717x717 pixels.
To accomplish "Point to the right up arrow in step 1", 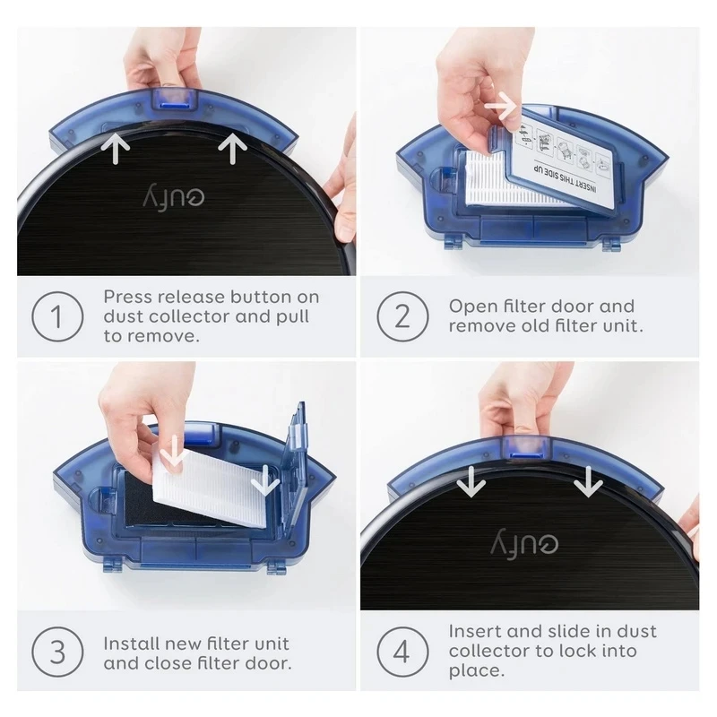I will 232,148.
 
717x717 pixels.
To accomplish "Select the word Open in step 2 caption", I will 471,307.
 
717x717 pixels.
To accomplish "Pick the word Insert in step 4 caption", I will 475,632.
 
